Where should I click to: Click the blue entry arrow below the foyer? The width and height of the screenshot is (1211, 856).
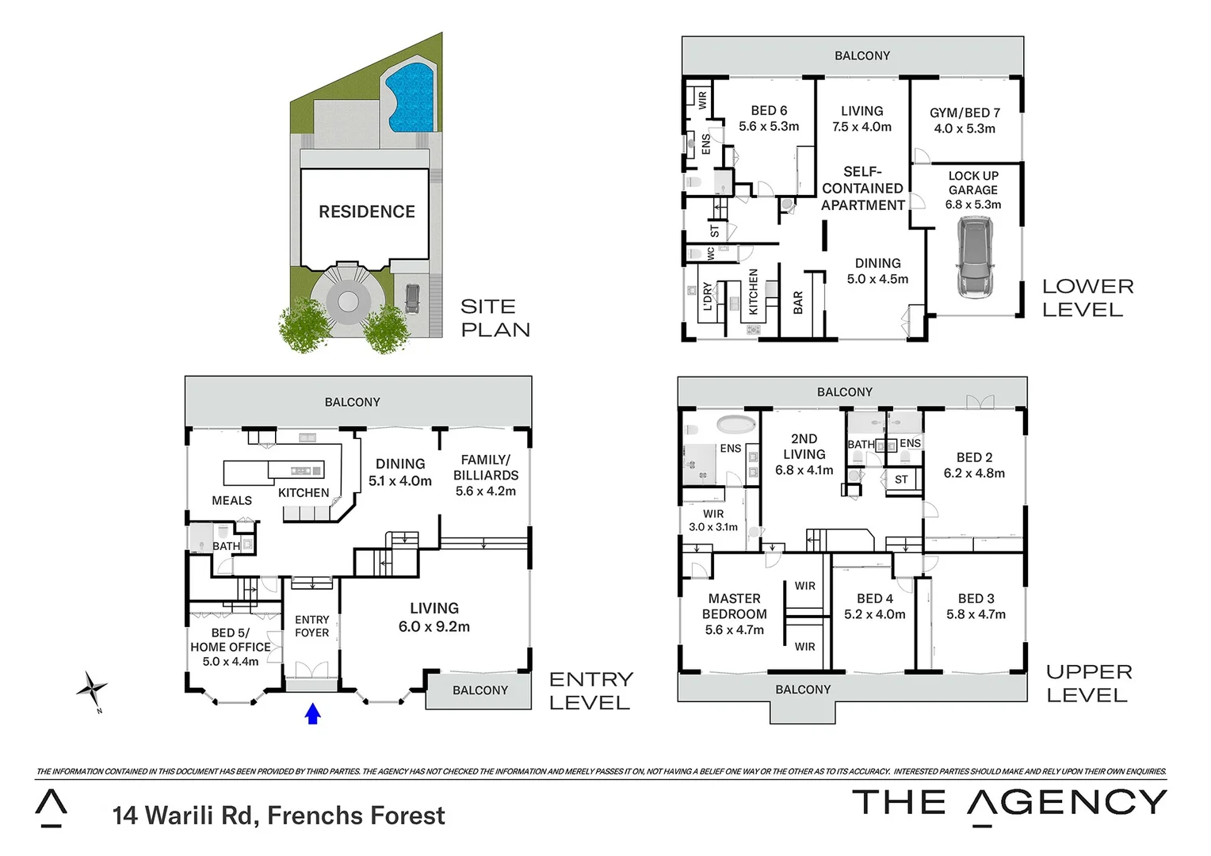coord(312,714)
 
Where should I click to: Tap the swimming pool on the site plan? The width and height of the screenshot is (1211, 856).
coord(410,100)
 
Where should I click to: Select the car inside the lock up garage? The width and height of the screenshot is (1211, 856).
coord(972,258)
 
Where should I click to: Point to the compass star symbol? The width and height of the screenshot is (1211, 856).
coord(92,689)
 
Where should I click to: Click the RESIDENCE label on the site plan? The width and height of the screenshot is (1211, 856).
coord(367,212)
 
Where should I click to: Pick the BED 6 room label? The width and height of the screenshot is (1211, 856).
coord(769,111)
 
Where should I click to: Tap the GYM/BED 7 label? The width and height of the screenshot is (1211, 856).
coord(965,113)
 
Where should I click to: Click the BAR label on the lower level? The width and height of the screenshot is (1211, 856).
coord(798,302)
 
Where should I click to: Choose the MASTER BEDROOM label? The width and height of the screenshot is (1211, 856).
coord(735,606)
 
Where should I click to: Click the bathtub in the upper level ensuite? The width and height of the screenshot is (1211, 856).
coord(737,424)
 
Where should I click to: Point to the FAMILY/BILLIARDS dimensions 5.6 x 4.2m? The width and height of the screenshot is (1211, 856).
coord(486,491)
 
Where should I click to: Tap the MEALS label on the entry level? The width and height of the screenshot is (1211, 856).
coord(231,500)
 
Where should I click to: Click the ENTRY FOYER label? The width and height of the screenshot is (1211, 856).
coord(311,626)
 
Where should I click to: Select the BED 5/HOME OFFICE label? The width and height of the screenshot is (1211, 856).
coord(230,640)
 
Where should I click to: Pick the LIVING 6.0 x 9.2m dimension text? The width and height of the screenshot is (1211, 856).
coord(434,627)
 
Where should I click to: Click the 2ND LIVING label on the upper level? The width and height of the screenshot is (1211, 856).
coord(804,446)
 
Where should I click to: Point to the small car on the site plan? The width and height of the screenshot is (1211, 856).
coord(412,299)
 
